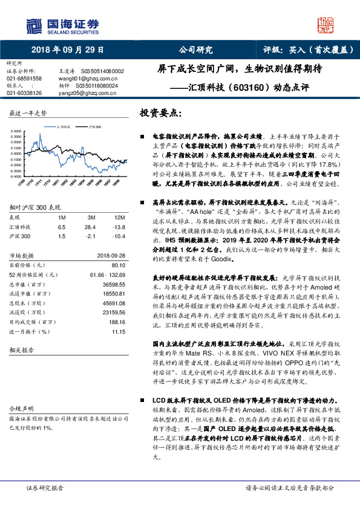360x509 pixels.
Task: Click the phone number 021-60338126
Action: pyautogui.click(x=24, y=93)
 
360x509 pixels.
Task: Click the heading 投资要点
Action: pyautogui.click(x=160, y=113)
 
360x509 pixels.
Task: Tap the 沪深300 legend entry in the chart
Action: pyautogui.click(x=94, y=127)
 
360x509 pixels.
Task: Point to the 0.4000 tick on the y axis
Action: pyautogui.click(x=16, y=131)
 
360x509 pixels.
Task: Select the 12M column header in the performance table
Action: pyautogui.click(x=119, y=216)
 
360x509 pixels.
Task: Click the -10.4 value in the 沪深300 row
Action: pyautogui.click(x=119, y=236)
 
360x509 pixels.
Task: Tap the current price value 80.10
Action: pyautogui.click(x=119, y=265)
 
